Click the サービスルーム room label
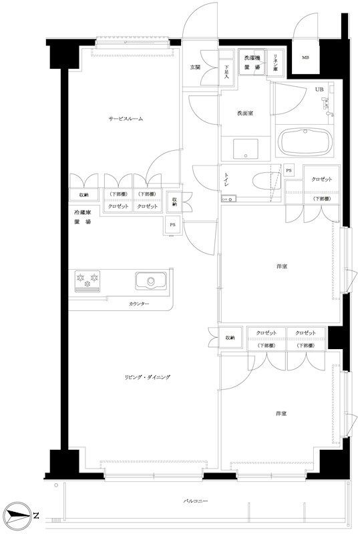tap(127, 119)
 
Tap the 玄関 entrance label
tap(195, 67)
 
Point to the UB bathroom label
tap(319, 89)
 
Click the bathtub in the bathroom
tap(305, 142)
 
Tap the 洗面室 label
tap(244, 113)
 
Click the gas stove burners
tap(87, 280)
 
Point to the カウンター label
tap(139, 304)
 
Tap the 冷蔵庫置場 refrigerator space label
tap(81, 217)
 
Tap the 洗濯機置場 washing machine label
tap(252, 62)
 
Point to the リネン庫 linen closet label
tap(275, 62)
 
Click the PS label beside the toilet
tap(289, 170)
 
